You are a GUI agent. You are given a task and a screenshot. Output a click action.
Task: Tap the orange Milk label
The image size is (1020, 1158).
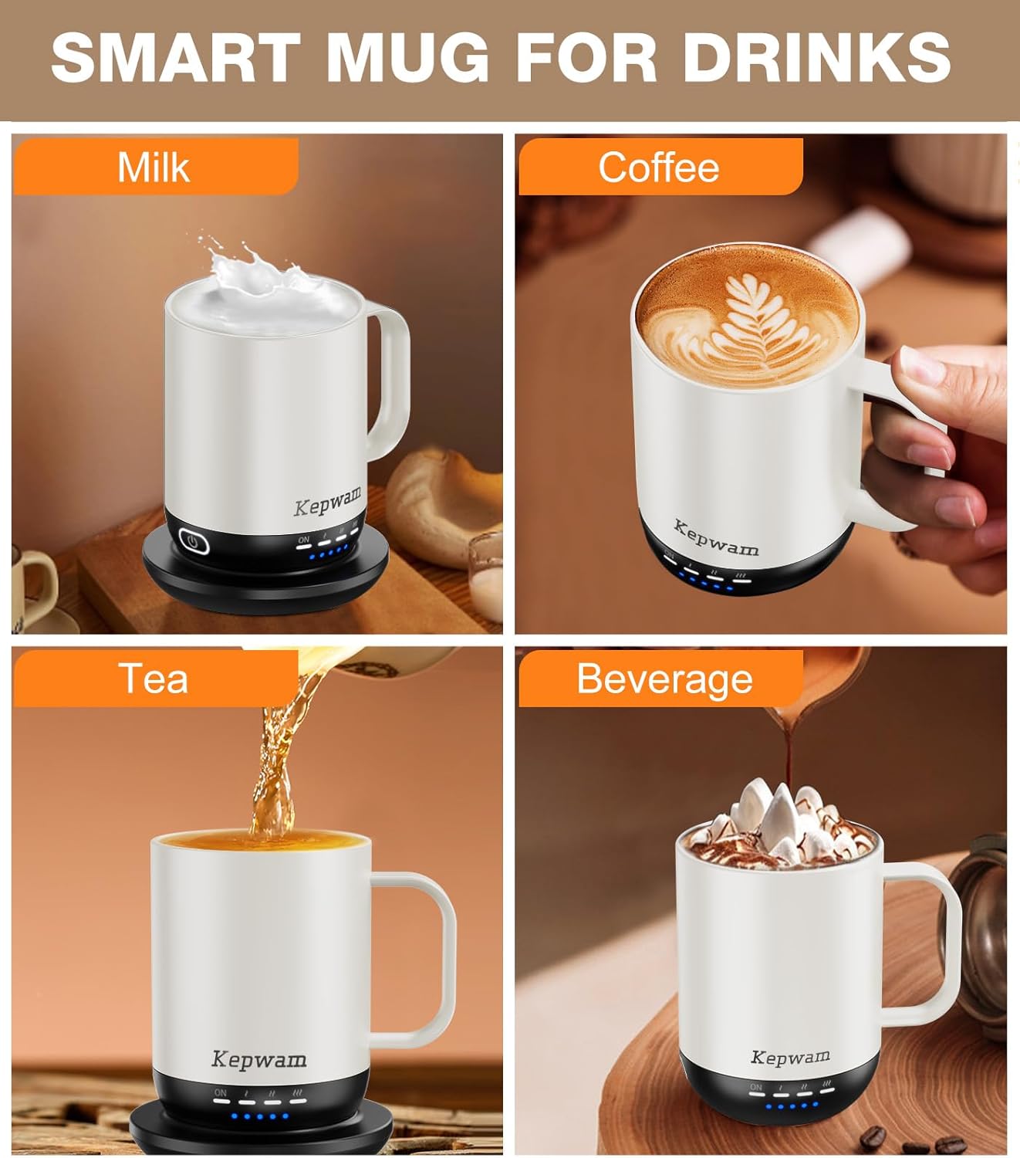pos(154,167)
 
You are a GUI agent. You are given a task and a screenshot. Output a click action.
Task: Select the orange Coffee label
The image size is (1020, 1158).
pos(659,167)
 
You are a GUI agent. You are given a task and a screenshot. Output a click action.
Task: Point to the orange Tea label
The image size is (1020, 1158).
pos(154,679)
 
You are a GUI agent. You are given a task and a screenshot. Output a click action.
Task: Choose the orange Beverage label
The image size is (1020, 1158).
pos(664,679)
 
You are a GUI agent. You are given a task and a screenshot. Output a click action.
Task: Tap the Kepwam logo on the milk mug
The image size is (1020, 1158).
pos(327,502)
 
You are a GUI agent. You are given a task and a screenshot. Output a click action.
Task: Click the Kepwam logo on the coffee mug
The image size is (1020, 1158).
pos(716,539)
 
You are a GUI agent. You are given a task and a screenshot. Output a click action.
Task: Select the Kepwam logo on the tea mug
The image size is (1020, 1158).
pos(259,1059)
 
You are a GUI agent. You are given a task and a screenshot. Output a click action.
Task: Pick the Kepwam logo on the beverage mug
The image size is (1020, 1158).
pos(790,1057)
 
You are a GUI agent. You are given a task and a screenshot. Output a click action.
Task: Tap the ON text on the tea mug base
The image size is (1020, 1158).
pos(221,1092)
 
